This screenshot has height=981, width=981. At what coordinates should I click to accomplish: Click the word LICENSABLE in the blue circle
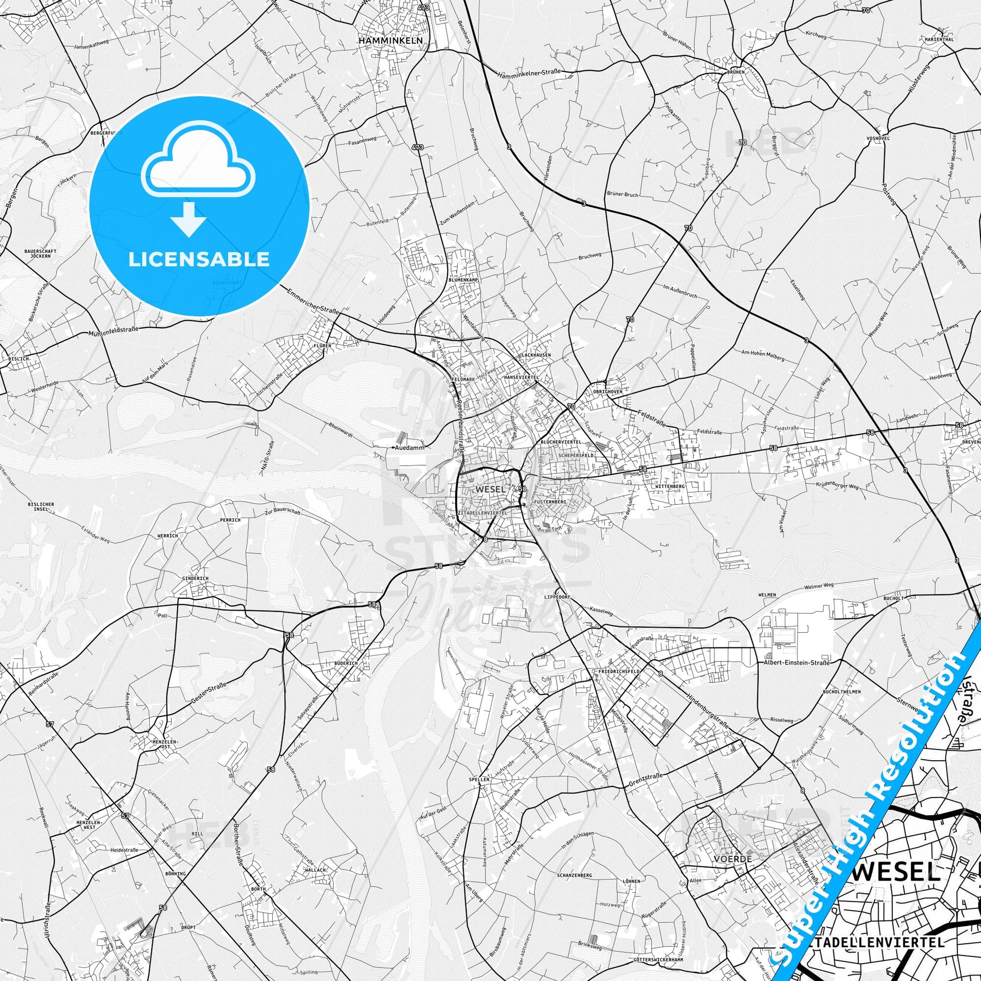point(199,259)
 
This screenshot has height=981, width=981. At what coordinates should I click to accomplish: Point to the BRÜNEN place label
point(735,72)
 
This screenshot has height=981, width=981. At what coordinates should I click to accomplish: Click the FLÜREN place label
point(322,345)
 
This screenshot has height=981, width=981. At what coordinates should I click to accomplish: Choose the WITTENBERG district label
point(671,486)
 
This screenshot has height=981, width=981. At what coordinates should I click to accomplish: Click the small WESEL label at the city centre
point(490,489)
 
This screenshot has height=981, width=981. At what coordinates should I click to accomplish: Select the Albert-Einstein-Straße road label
point(796,648)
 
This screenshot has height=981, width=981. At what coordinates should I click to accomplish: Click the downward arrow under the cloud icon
point(188,219)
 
